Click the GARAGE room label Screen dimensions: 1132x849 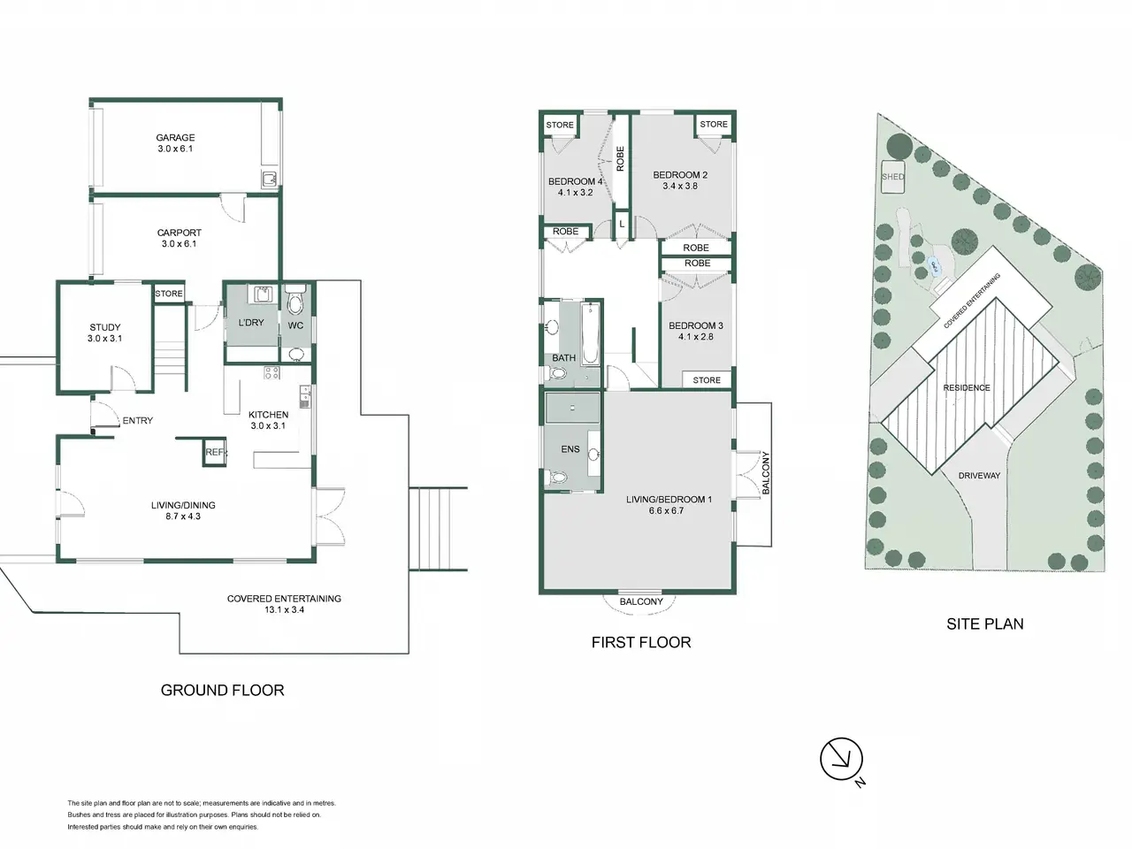coord(175,138)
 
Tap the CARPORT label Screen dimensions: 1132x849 coord(179,233)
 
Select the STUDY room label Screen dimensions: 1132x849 coord(104,327)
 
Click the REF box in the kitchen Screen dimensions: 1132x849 coord(215,453)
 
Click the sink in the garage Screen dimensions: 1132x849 coord(269,179)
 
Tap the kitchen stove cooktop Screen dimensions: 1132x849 coord(272,372)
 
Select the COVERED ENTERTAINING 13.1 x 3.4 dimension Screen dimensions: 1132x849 coord(284,610)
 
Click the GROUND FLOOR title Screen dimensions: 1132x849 coord(222,690)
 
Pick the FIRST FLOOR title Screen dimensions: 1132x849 coord(641,642)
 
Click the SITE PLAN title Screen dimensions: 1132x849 coord(985,623)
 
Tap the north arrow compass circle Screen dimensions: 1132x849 coord(841,759)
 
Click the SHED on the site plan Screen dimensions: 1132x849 coord(892,177)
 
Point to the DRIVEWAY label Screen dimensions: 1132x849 coord(979,476)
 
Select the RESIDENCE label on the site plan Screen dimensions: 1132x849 coord(967,387)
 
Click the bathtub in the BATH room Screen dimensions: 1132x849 coord(591,334)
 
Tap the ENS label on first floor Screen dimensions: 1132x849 coord(570,449)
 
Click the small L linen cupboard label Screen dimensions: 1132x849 coord(622,224)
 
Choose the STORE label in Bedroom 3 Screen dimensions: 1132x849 coord(707,380)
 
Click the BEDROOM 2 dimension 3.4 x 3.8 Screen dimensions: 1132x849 coord(680,186)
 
